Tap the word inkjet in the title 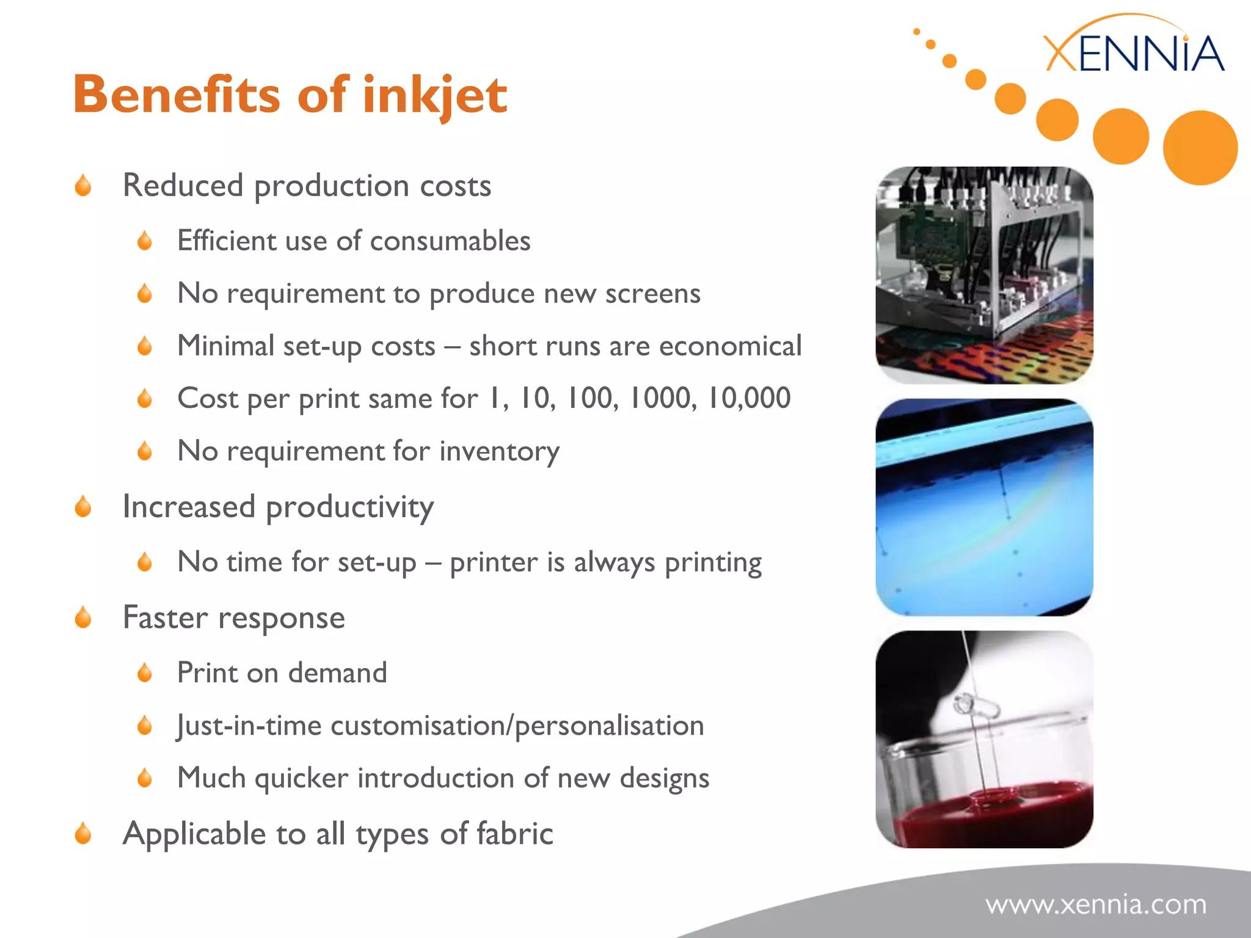pyautogui.click(x=434, y=96)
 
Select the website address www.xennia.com pyautogui.click(x=1096, y=904)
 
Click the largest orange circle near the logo pyautogui.click(x=1200, y=148)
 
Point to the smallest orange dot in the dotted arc pyautogui.click(x=916, y=31)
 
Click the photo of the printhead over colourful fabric pyautogui.click(x=984, y=275)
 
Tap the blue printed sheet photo pyautogui.click(x=984, y=507)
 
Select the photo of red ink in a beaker pyautogui.click(x=984, y=739)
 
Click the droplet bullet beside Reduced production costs pyautogui.click(x=83, y=186)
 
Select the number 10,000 pyautogui.click(x=748, y=398)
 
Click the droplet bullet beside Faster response pyautogui.click(x=83, y=617)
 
